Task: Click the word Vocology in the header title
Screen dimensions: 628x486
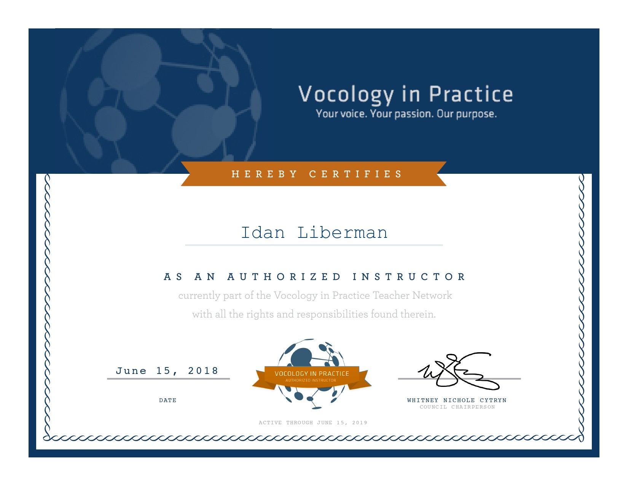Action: pos(346,95)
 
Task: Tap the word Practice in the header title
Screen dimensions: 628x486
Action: pos(471,94)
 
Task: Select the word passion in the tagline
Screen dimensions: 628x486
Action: pos(414,114)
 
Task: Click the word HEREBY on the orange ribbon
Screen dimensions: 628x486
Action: pos(264,174)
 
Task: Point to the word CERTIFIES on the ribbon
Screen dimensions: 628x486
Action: pos(355,174)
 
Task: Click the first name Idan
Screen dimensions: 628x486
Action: pos(263,233)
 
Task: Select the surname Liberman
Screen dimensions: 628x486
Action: pos(343,233)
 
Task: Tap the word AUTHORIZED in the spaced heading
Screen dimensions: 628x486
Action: pos(284,277)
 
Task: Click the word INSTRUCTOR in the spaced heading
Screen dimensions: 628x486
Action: pos(409,277)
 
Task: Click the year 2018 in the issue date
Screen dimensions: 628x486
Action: pos(203,371)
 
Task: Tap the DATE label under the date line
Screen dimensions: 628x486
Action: pos(167,400)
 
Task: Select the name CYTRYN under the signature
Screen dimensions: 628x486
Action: pos(493,400)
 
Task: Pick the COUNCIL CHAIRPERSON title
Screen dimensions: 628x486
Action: pos(457,407)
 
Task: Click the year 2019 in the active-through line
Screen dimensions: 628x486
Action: pos(360,423)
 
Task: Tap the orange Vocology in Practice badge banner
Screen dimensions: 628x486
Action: pos(312,376)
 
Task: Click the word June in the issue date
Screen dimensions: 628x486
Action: pos(131,371)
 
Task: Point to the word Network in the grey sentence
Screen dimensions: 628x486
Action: pos(432,295)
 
